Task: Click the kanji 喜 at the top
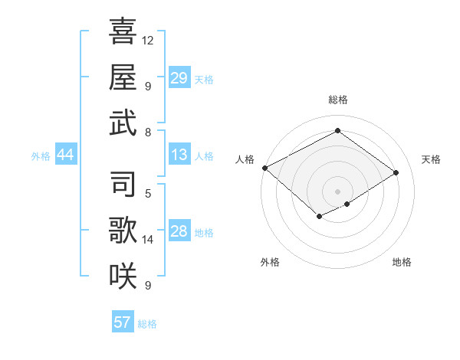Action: click(x=123, y=33)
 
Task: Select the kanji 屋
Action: click(x=123, y=77)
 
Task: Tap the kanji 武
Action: click(x=123, y=122)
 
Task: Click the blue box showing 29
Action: click(x=179, y=78)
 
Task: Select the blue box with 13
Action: click(x=179, y=155)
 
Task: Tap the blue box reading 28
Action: click(x=179, y=231)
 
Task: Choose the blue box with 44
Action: click(x=66, y=155)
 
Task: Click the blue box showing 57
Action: click(x=123, y=322)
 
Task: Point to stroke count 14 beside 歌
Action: click(x=148, y=240)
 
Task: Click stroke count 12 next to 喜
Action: click(x=148, y=40)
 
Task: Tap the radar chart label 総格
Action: click(x=337, y=100)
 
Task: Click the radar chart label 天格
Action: click(x=431, y=159)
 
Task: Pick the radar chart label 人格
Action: click(x=245, y=159)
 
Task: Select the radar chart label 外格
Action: click(x=270, y=262)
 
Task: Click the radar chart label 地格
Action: click(x=402, y=262)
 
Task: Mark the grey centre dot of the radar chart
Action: click(x=337, y=190)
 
